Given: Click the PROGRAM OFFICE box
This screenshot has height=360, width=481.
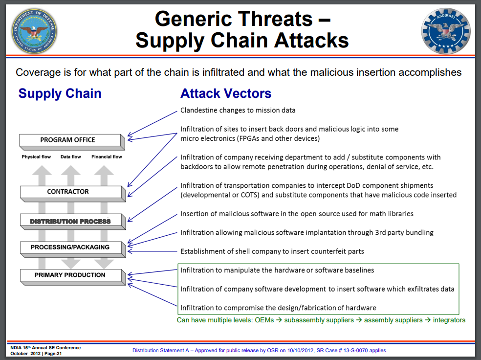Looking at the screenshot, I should point(68,140).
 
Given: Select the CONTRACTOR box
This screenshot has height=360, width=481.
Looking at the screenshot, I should point(68,192).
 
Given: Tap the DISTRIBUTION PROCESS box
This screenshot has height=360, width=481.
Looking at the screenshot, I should point(70,221).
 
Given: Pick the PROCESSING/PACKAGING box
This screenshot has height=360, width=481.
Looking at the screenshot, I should point(70,247).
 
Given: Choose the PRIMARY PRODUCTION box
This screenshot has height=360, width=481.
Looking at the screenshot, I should point(70,275).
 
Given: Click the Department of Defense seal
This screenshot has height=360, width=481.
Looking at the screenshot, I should point(34,31).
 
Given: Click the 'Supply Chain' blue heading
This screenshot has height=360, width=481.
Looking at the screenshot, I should point(60,93).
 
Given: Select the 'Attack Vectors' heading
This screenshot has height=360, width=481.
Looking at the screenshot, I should point(226,93).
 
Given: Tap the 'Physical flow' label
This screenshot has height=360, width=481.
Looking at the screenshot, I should point(36,157).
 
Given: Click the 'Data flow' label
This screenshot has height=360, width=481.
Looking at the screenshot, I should point(71,157).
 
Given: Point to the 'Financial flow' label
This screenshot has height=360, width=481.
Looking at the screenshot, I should point(107,157).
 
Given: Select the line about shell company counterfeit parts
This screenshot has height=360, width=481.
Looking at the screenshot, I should point(272,251).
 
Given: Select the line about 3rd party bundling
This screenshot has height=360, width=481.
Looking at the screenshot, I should point(306,233).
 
